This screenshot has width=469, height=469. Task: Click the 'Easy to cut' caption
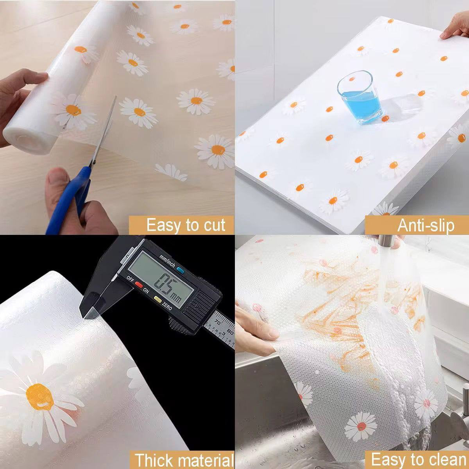186,225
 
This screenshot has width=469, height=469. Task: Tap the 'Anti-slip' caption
426,226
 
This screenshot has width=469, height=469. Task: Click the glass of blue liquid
359,97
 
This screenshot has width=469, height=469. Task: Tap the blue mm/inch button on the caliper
180,270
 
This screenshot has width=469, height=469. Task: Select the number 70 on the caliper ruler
218,323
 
